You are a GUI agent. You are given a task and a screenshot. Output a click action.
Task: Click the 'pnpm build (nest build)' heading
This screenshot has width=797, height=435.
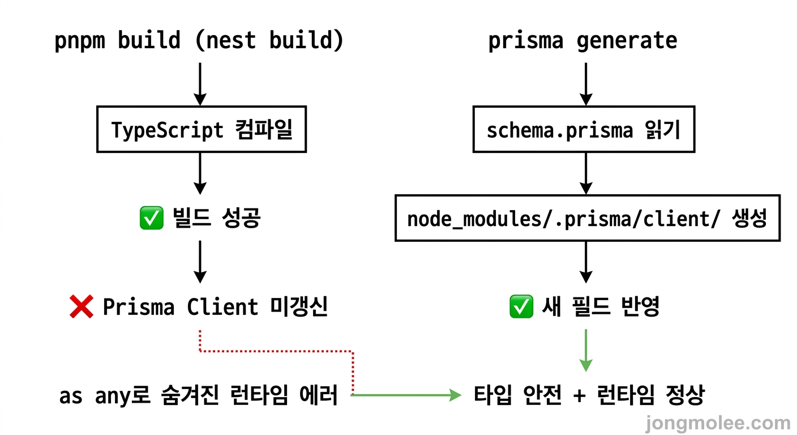click(x=199, y=41)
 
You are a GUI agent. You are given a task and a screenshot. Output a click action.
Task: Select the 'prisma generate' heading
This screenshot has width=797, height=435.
click(x=582, y=41)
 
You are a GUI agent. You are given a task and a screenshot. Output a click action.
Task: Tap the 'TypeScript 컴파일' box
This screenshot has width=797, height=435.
click(x=202, y=130)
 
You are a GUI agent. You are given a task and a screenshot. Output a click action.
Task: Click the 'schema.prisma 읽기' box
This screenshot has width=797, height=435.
click(x=584, y=130)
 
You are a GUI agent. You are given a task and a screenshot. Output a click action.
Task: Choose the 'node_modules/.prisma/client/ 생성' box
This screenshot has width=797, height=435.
click(x=587, y=219)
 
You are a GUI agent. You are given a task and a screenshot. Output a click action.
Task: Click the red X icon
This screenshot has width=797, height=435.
click(x=81, y=308)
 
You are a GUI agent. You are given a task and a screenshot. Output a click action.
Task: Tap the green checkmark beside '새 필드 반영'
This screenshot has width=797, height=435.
click(x=521, y=308)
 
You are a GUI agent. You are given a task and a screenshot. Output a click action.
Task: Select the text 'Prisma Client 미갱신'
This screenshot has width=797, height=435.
click(x=215, y=308)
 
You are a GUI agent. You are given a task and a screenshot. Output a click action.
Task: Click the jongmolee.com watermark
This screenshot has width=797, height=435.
click(x=718, y=423)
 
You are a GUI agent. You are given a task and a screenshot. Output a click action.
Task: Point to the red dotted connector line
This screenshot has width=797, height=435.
click(x=277, y=351)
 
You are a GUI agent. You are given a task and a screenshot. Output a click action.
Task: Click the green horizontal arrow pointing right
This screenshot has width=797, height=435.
click(x=408, y=395)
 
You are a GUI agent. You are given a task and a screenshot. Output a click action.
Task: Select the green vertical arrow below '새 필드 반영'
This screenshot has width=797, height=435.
click(x=586, y=350)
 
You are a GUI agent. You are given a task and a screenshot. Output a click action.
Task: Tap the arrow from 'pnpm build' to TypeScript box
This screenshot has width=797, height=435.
click(x=200, y=83)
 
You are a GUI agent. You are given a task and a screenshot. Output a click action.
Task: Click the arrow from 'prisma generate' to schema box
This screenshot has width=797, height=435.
click(x=586, y=83)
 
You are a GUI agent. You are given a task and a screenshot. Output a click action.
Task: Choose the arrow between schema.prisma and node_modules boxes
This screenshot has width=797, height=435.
click(x=586, y=173)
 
